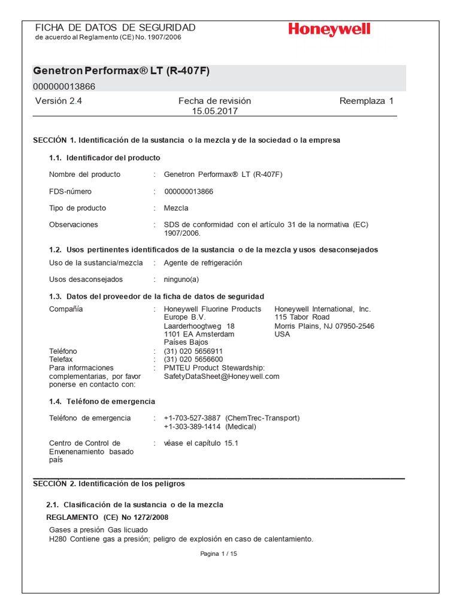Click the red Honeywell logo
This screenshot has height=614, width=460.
tap(329, 29)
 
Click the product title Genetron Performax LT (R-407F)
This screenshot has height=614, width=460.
tap(122, 71)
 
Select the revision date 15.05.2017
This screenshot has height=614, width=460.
tap(214, 111)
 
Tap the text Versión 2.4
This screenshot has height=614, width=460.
tap(58, 101)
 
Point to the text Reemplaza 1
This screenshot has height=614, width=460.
tap(366, 101)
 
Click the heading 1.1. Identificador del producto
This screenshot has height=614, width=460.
tap(104, 158)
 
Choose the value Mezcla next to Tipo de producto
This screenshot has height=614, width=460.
tap(176, 208)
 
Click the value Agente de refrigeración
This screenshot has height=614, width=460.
tap(203, 263)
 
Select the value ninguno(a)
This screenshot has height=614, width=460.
tap(181, 279)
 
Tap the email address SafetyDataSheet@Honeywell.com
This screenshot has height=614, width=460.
tap(222, 377)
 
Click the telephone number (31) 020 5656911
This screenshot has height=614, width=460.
tap(193, 351)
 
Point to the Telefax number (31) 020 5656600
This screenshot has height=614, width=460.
tap(193, 359)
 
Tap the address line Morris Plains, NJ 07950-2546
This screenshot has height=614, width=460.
tap(324, 326)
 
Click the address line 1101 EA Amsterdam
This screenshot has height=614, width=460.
tap(199, 334)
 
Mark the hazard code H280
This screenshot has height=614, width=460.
tap(58, 538)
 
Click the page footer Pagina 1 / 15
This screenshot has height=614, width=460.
tap(219, 554)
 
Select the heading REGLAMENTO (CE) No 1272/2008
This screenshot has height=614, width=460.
tap(107, 516)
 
